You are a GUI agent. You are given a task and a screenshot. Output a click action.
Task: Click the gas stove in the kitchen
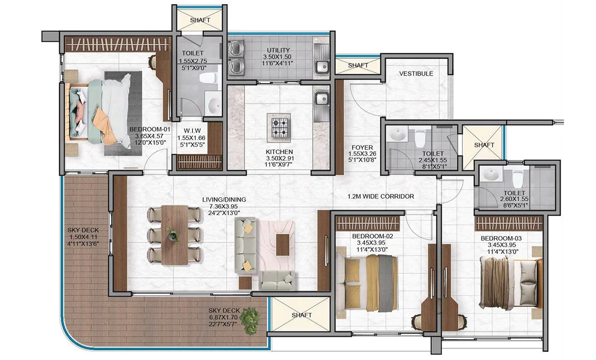coord(279,127)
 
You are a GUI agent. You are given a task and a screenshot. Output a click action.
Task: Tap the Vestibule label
coord(416,74)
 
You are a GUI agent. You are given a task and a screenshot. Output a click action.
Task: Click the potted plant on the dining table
coord(173,235)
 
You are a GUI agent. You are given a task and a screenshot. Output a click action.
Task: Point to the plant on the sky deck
coord(250,321)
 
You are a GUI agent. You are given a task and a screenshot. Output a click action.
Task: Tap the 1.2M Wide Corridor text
coord(381,197)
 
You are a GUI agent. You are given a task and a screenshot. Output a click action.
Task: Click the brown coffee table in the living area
coord(282,245)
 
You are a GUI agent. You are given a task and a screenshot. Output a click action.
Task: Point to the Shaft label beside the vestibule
coord(358,65)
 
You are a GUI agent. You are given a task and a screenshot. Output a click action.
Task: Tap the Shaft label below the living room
coord(302,315)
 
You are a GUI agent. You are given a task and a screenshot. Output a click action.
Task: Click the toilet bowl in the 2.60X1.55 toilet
coord(517,178)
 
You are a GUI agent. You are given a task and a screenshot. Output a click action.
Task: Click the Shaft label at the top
coord(200,20)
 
